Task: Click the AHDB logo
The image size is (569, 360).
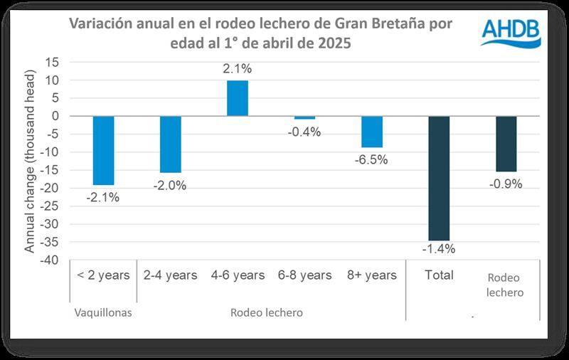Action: [x=511, y=32]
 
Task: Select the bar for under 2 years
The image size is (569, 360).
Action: [x=103, y=150]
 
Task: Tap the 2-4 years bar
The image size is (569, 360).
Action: [x=170, y=144]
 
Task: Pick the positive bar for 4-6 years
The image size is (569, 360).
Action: [x=238, y=98]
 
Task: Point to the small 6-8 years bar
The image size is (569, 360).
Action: [x=304, y=117]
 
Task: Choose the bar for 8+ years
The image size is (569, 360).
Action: [x=371, y=132]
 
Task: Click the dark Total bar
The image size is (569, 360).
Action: [x=439, y=178]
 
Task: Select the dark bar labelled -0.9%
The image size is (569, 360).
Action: [x=506, y=144]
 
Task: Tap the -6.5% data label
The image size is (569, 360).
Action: [x=371, y=160]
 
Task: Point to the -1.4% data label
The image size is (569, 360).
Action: [x=439, y=249]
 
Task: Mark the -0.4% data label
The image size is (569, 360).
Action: [x=304, y=132]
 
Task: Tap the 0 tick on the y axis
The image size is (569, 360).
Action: [x=54, y=116]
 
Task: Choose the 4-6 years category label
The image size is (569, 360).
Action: [x=238, y=275]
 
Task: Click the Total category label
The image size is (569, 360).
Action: [x=439, y=275]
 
